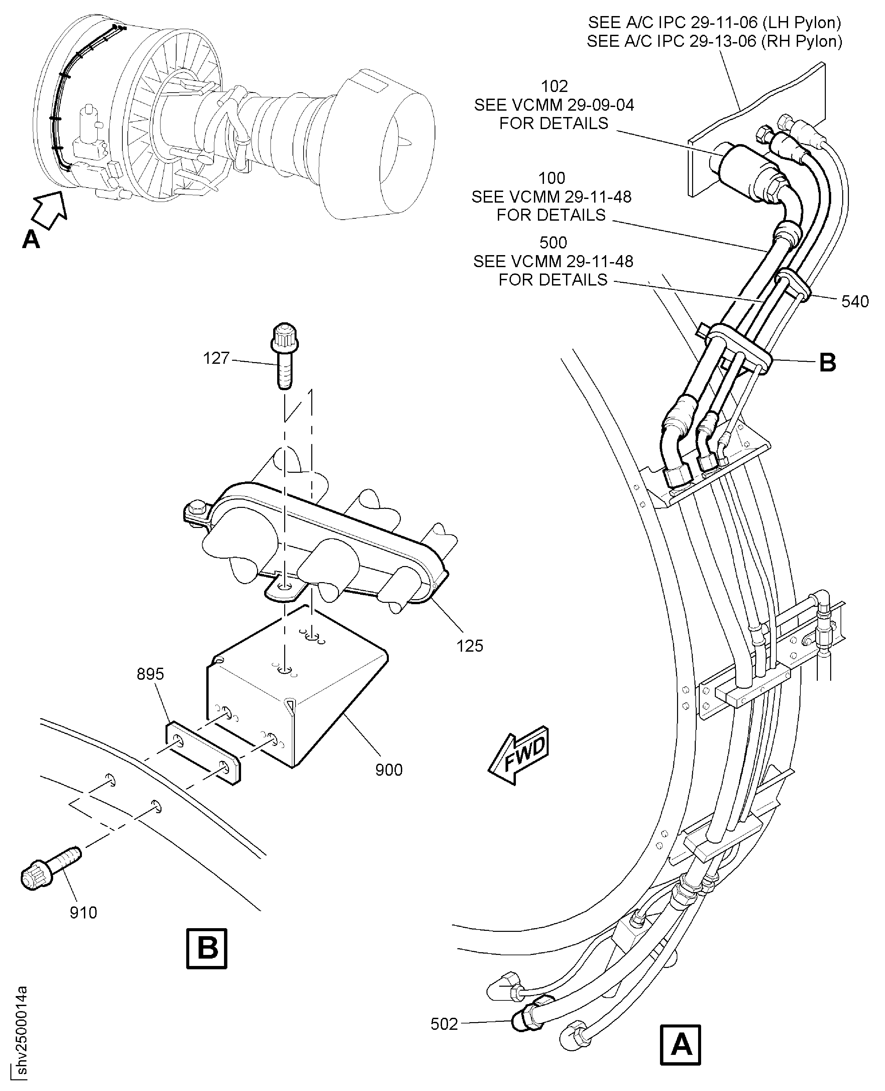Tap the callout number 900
[389, 769]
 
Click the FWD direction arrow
[519, 754]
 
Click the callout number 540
[855, 302]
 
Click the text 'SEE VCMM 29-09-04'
[554, 105]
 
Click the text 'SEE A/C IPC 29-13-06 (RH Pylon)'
[714, 41]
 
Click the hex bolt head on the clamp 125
[196, 509]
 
